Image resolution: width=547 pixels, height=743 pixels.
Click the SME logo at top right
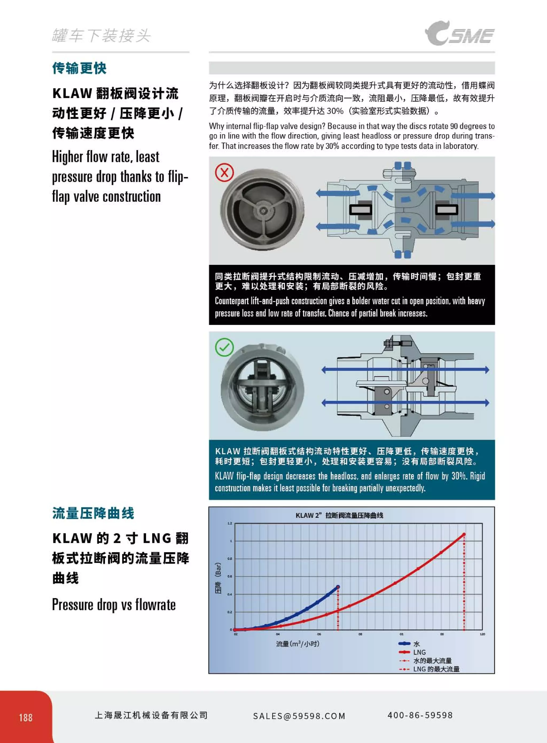point(460,33)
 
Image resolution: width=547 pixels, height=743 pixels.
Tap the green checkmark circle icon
point(225,347)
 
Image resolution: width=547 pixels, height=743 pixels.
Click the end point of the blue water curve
point(338,587)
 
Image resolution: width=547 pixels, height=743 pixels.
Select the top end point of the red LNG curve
point(464,534)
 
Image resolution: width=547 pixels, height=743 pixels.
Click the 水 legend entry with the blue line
point(410,644)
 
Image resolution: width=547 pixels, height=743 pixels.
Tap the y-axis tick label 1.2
point(230,523)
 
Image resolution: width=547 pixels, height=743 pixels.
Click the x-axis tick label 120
point(482,634)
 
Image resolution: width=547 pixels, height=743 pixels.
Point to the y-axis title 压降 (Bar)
point(218,578)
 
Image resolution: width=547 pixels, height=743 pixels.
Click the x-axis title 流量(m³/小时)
point(297,644)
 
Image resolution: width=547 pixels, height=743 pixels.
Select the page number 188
point(25,718)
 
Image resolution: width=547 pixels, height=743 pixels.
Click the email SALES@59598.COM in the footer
point(299,716)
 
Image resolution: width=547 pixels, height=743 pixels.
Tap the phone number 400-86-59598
point(420,715)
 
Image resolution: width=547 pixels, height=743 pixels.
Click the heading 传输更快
point(80,68)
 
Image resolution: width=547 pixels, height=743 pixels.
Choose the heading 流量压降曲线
point(93,513)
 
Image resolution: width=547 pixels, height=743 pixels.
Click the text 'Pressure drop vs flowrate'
point(114,605)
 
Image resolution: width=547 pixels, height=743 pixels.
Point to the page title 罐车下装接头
point(101,36)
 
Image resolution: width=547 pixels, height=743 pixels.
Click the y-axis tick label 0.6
point(230,576)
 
